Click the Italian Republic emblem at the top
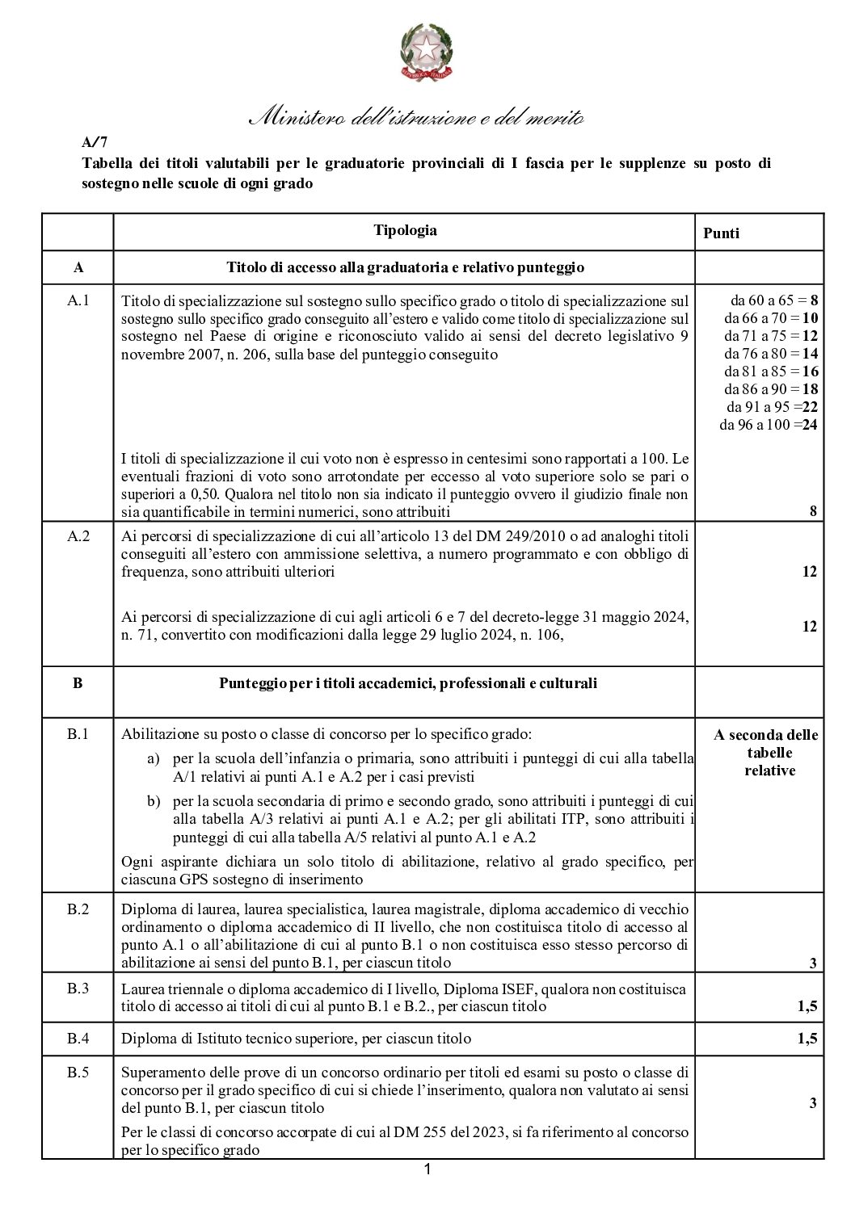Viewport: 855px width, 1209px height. [x=428, y=52]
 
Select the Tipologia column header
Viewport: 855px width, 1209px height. [x=405, y=231]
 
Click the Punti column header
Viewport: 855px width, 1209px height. [x=721, y=233]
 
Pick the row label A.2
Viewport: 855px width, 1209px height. [x=78, y=535]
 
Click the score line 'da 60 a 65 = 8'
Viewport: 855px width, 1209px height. [x=774, y=300]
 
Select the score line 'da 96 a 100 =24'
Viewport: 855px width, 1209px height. [x=769, y=425]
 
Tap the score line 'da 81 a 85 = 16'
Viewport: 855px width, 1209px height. [x=771, y=372]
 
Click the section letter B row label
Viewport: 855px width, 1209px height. [x=78, y=683]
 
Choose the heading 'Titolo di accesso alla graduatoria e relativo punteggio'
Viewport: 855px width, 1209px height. [x=405, y=267]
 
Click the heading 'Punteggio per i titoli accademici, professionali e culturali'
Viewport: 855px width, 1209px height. [x=408, y=683]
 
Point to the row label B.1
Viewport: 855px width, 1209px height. [x=78, y=735]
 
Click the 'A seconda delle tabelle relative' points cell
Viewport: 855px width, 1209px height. [x=765, y=752]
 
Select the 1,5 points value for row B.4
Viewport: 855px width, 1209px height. [x=807, y=1039]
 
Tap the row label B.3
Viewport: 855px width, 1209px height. [x=78, y=989]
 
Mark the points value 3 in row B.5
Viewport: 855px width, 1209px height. [x=812, y=1104]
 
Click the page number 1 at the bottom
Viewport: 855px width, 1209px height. [x=428, y=1169]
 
